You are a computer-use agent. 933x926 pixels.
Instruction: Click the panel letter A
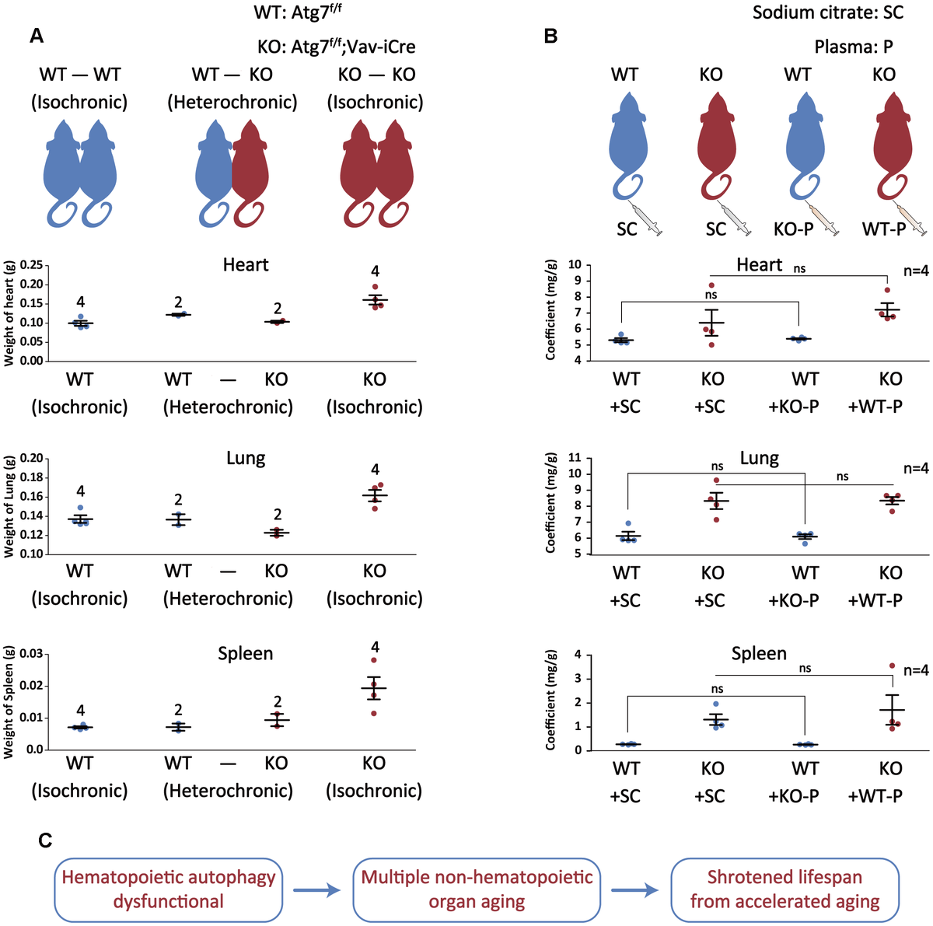[x=37, y=36]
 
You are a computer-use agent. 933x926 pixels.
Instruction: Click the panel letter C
[x=45, y=840]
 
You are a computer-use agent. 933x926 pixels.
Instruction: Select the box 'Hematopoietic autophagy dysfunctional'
[x=168, y=889]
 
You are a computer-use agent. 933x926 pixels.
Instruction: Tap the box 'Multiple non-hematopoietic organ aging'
[x=477, y=889]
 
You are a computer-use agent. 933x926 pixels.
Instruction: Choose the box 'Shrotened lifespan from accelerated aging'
[x=784, y=889]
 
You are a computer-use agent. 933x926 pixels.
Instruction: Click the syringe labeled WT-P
[x=914, y=218]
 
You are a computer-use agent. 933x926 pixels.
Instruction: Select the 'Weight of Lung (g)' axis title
[x=10, y=506]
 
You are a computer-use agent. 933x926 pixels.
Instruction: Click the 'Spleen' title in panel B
[x=759, y=654]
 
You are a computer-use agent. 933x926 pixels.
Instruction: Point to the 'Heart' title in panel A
[x=246, y=265]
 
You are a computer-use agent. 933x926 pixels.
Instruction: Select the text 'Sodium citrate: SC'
[x=828, y=12]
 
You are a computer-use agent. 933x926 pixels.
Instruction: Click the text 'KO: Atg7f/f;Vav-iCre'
[x=337, y=47]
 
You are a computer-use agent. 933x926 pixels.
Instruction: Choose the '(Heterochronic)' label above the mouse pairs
[x=232, y=102]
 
